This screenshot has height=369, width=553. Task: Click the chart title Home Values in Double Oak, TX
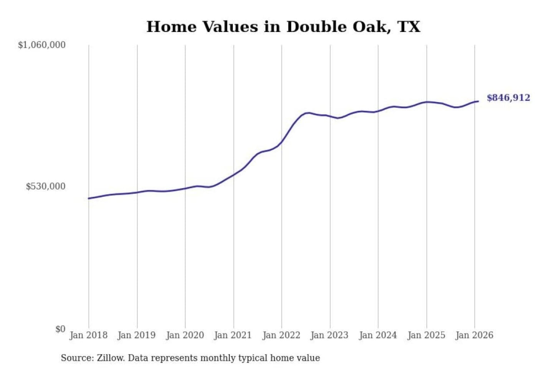[283, 27]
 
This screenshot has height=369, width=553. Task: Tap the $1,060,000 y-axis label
[42, 45]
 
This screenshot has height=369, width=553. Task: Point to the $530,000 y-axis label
[46, 186]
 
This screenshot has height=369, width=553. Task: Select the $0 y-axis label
[60, 329]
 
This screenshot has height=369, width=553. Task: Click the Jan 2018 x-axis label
[88, 335]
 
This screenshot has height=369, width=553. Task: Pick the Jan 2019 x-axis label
[137, 335]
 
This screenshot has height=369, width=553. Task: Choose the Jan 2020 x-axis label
[185, 335]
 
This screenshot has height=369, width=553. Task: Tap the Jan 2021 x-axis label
[233, 335]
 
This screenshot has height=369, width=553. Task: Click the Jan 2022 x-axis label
[281, 335]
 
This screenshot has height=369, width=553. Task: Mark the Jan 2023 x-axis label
[329, 335]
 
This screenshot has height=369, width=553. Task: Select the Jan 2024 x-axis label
[378, 335]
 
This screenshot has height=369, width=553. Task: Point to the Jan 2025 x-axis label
[426, 335]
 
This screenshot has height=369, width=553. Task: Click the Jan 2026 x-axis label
[474, 335]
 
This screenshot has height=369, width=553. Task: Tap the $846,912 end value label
[508, 98]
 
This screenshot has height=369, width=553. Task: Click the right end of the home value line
[478, 101]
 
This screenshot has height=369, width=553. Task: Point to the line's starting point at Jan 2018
[89, 198]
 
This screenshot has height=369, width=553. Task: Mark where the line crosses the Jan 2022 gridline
[281, 142]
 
